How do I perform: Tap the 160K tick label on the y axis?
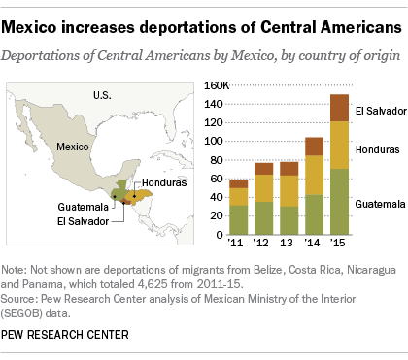coord(214,86)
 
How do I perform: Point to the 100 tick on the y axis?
coord(217,141)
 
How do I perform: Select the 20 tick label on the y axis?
coord(220,214)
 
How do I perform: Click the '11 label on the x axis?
coord(236,243)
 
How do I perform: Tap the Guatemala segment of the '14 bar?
coord(315,213)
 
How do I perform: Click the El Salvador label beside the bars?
coord(378,112)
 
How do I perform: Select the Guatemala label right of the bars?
coord(378,206)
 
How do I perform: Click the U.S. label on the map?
coord(103,94)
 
